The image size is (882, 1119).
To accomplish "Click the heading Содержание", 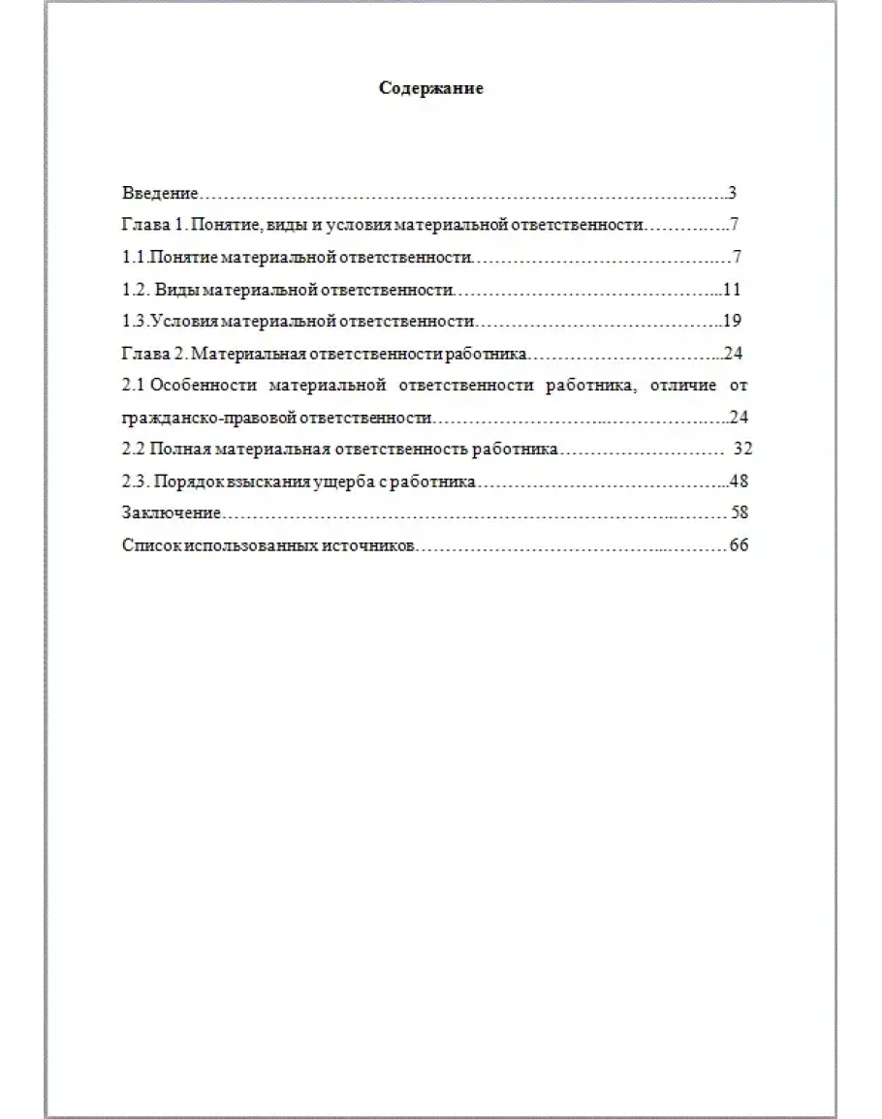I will [431, 89].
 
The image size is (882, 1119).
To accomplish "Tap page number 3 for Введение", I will [733, 193].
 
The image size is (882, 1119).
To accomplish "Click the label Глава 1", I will [153, 225].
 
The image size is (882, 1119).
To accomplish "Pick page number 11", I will [732, 289].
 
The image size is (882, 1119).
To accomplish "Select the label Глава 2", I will [153, 353].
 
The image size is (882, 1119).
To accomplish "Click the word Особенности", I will [204, 385].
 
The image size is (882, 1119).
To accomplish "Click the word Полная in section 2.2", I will [179, 450].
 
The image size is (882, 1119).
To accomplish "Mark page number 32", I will [743, 450].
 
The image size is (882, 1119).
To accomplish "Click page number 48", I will [740, 482].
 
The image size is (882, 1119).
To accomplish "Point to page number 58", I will [740, 513].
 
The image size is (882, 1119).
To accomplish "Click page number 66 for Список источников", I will [739, 545].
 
